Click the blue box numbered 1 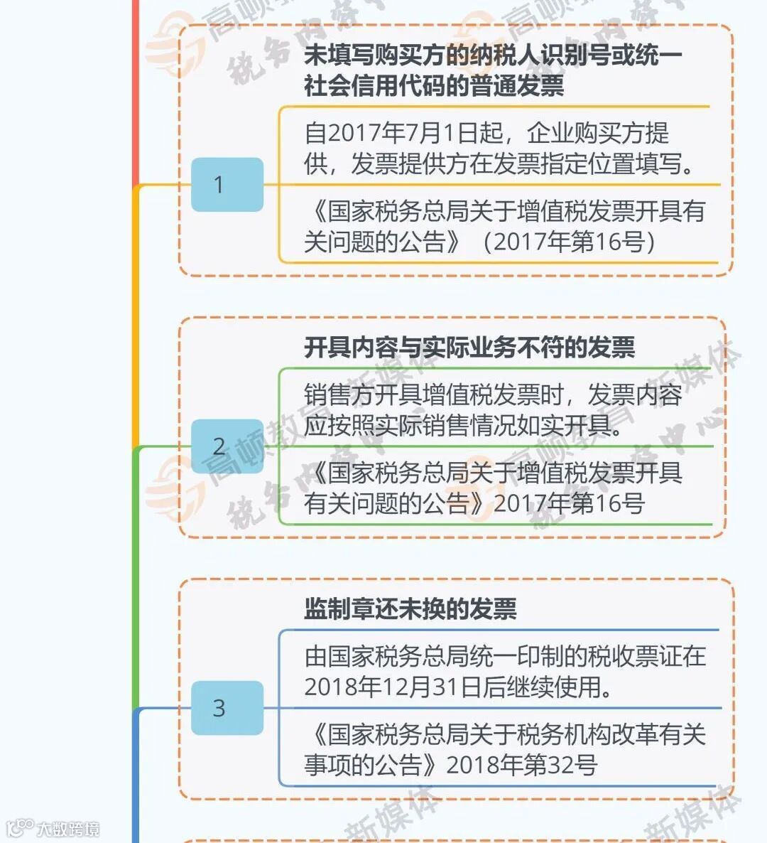pyautogui.click(x=227, y=185)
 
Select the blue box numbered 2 pyautogui.click(x=227, y=446)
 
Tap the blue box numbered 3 pyautogui.click(x=227, y=708)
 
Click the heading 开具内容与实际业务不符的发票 pyautogui.click(x=469, y=348)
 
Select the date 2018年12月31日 pyautogui.click(x=393, y=687)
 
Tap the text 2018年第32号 pyautogui.click(x=522, y=765)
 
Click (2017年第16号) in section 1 pyautogui.click(x=568, y=242)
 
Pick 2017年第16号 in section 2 pyautogui.click(x=569, y=503)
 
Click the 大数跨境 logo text pyautogui.click(x=68, y=829)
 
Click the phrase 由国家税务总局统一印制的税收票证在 pyautogui.click(x=505, y=656)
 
